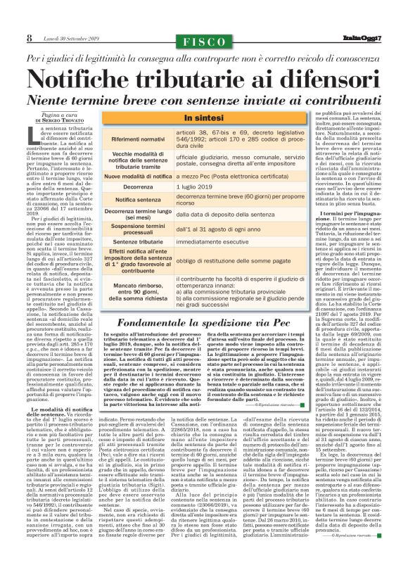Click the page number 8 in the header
pos(30,37)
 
